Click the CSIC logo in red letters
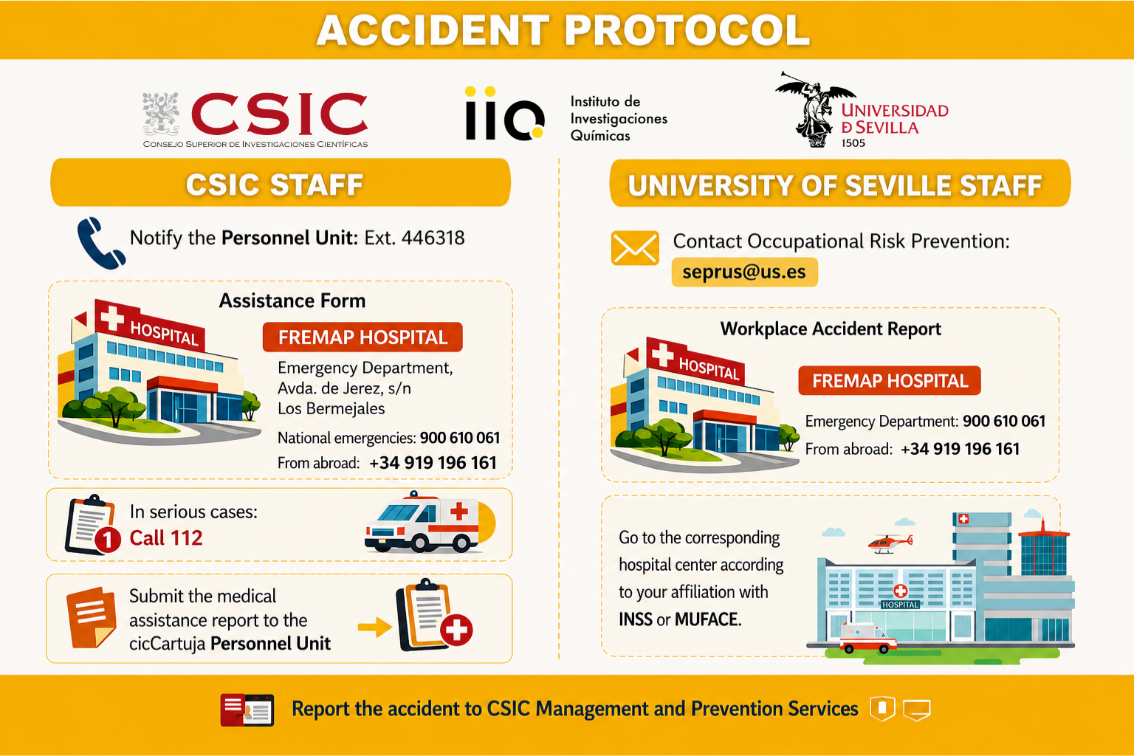[x=280, y=114]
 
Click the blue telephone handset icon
[x=100, y=243]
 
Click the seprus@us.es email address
[x=744, y=272]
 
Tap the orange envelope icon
[x=635, y=248]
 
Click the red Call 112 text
[x=166, y=537]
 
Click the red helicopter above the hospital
[x=890, y=543]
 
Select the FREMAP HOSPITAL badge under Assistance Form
[x=362, y=337]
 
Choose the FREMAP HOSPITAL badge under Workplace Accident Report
[x=890, y=381]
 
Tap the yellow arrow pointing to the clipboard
[x=374, y=628]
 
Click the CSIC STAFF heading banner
[x=281, y=183]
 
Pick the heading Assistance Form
[x=292, y=300]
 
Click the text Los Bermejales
[x=331, y=408]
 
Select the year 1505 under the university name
[x=853, y=143]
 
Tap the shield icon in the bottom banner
[x=883, y=708]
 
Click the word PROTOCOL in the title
[x=687, y=30]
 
